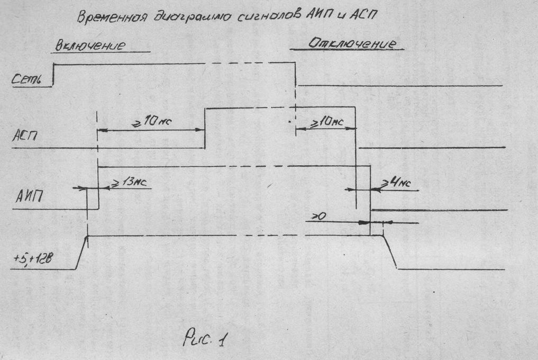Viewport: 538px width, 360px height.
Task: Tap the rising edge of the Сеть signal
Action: (x=53, y=74)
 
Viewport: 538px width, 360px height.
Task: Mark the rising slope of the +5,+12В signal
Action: (x=81, y=253)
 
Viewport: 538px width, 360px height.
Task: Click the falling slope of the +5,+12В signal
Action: (x=390, y=253)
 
